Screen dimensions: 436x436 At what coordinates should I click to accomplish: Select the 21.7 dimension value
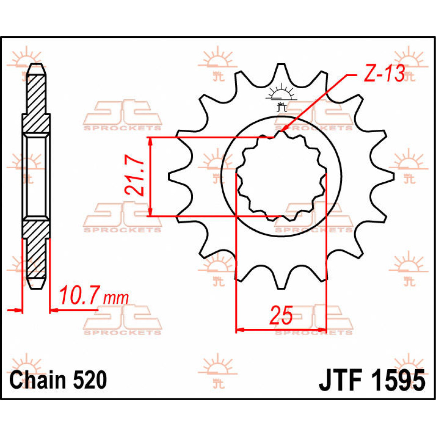(x=132, y=177)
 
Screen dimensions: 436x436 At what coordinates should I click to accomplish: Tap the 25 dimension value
(x=281, y=315)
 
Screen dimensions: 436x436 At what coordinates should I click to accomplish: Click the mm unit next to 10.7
(x=116, y=298)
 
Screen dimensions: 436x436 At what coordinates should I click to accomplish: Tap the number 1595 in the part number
(x=397, y=381)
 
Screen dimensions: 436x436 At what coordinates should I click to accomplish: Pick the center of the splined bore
(x=281, y=176)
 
